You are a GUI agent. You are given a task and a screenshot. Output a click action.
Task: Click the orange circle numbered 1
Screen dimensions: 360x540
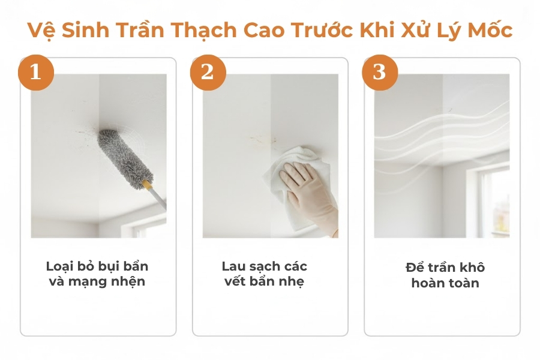[x=35, y=72]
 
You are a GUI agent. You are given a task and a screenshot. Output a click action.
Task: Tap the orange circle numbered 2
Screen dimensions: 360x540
[x=208, y=72]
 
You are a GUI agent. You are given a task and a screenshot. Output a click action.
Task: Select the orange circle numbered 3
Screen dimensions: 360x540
[x=379, y=72]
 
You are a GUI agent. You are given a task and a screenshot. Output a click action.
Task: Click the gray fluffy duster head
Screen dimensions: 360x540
[x=125, y=155]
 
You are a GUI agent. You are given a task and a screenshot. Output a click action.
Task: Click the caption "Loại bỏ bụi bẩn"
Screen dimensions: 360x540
[x=97, y=266]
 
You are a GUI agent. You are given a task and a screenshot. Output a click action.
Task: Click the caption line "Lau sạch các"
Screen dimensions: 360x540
[x=265, y=266]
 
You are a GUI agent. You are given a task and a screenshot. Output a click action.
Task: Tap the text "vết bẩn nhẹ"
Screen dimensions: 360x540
[x=265, y=281]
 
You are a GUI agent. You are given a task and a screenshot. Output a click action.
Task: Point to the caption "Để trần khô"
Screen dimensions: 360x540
[x=445, y=267]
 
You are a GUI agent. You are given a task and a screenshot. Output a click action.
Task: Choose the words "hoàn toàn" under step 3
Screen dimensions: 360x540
[x=445, y=283]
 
